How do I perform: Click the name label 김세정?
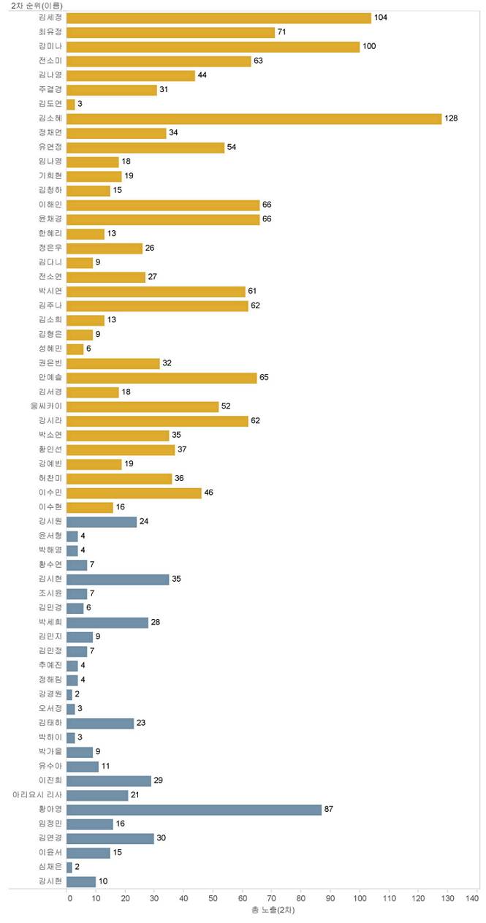pyautogui.click(x=50, y=18)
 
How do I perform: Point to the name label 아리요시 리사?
pyautogui.click(x=37, y=795)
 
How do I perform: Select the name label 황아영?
pyautogui.click(x=50, y=810)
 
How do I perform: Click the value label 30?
pyautogui.click(x=162, y=838)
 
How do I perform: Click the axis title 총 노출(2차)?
pyautogui.click(x=272, y=911)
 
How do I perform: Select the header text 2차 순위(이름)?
pyautogui.click(x=37, y=6)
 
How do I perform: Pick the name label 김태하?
pyautogui.click(x=50, y=723)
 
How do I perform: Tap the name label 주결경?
pyautogui.click(x=50, y=90)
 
